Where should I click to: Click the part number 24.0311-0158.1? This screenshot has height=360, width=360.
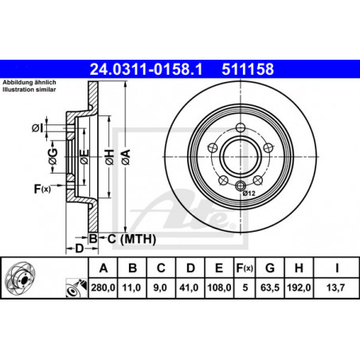pos(146,69)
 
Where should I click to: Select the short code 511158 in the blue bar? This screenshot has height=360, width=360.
pos(248,69)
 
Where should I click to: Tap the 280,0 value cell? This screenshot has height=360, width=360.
pos(103,288)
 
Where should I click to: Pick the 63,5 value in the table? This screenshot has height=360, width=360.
pos(270,288)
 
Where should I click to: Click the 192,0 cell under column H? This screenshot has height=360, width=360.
pos(299,288)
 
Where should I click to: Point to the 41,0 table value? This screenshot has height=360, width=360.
pos(189,288)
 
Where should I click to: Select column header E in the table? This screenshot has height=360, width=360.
pos(219,268)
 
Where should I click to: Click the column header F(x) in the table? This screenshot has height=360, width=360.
pos(245,268)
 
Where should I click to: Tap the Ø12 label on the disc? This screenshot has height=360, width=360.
pos(248,194)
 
